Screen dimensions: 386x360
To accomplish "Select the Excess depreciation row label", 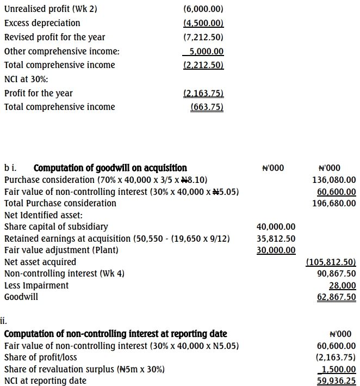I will [42, 23].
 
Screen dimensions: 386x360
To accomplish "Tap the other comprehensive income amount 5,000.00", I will [203, 51].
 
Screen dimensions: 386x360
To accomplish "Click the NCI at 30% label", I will [26, 79].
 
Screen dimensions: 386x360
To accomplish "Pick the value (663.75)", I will [207, 107].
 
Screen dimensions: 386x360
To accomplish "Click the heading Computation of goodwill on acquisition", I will [110, 168].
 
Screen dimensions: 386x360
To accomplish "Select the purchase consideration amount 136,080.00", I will [334, 180].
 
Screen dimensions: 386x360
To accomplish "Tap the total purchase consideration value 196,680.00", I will [334, 203].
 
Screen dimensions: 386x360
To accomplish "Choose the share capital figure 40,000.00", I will [276, 226].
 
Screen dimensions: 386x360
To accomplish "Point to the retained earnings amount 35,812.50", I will [276, 238].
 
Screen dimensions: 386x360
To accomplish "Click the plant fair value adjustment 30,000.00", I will [276, 250].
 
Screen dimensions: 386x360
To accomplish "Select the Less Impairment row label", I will [36, 285].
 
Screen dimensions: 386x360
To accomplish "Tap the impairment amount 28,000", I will [343, 285].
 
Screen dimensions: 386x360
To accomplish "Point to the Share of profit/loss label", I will [40, 357].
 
